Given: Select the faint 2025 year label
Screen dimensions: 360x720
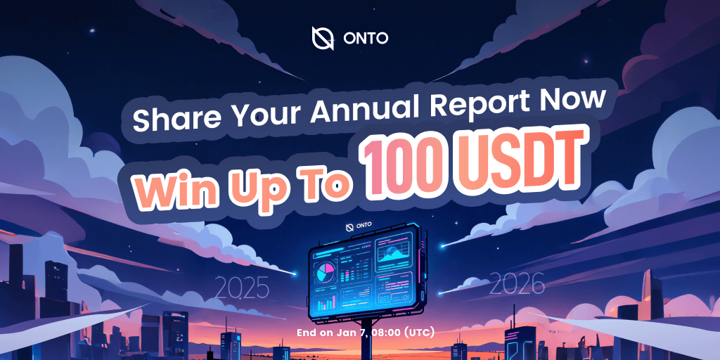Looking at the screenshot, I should click(x=240, y=288).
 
